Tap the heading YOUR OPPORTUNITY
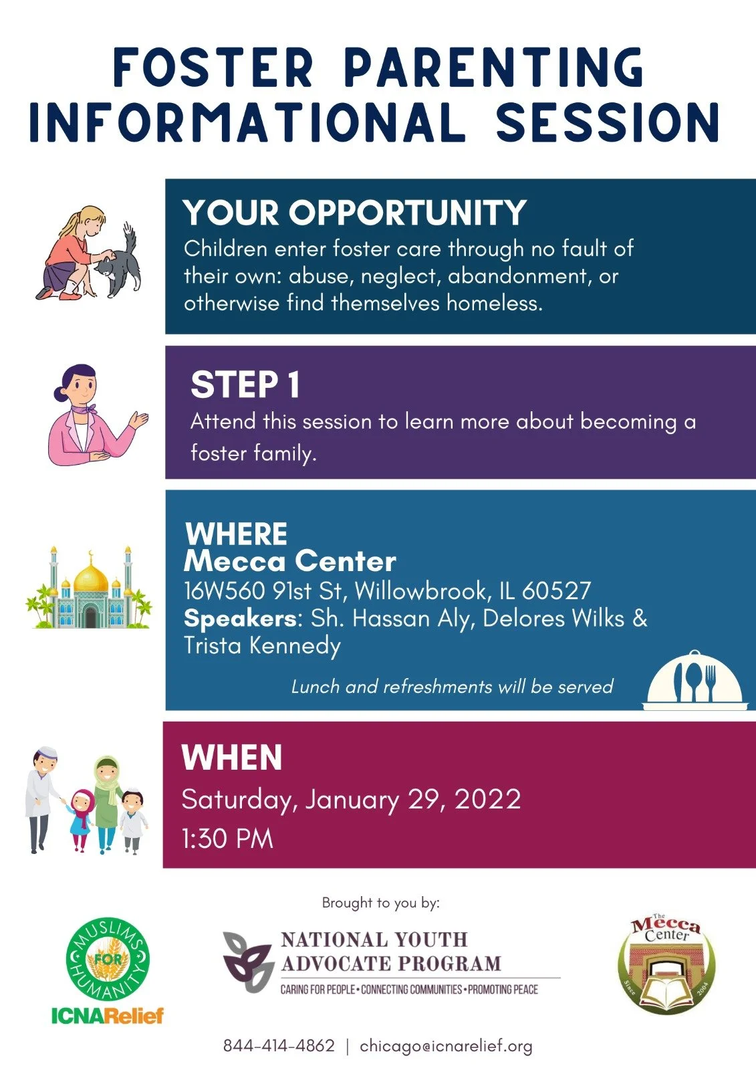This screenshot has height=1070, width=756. point(354,213)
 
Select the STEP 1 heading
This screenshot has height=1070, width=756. point(245,385)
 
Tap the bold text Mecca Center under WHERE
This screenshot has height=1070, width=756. point(289,561)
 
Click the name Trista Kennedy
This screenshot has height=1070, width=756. point(262,645)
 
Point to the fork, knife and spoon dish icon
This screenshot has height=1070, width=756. point(695,681)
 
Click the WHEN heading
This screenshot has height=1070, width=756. point(231,758)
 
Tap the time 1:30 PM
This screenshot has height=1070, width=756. point(227,839)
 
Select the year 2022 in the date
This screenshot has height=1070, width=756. point(487,799)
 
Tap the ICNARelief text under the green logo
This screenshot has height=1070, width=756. point(108,1016)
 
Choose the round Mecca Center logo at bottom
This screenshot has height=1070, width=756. point(666,964)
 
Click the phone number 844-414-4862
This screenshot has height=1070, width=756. point(279,1046)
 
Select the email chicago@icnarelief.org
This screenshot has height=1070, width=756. point(446,1046)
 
